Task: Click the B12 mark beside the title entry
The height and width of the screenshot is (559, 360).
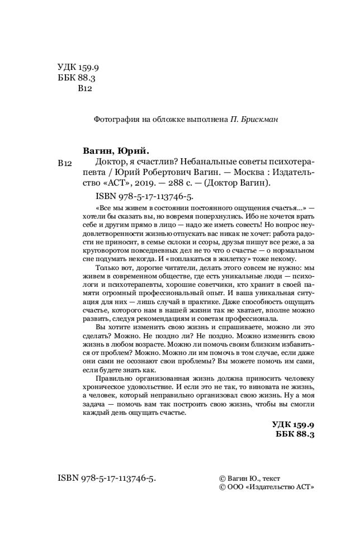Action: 65,163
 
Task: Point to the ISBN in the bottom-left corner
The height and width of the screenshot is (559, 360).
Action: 106,479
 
